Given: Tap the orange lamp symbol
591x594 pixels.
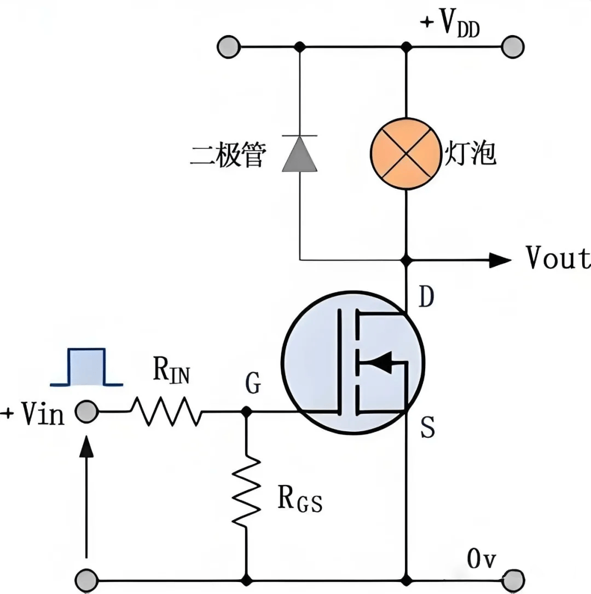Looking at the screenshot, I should pyautogui.click(x=405, y=153).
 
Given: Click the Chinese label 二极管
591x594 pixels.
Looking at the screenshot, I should pyautogui.click(x=228, y=155).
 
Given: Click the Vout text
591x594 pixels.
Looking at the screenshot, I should pyautogui.click(x=557, y=258).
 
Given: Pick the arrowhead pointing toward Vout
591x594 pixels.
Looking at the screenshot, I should pyautogui.click(x=500, y=260).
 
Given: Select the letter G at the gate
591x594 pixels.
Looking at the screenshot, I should pyautogui.click(x=253, y=385).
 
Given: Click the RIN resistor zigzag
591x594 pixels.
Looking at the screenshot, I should pyautogui.click(x=166, y=412).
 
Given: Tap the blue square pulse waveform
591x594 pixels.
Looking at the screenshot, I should pyautogui.click(x=86, y=366).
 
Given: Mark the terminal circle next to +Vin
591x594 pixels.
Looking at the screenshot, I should pyautogui.click(x=86, y=412).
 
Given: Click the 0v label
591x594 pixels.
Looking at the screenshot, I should pyautogui.click(x=482, y=559).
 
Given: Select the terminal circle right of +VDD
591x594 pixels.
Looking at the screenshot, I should pyautogui.click(x=513, y=47).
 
